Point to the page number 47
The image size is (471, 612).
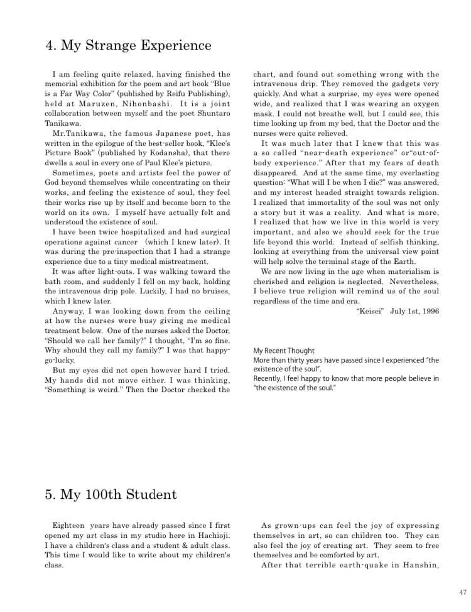pyautogui.click(x=463, y=592)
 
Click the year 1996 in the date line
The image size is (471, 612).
pyautogui.click(x=426, y=311)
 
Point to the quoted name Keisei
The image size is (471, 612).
pyautogui.click(x=369, y=311)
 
